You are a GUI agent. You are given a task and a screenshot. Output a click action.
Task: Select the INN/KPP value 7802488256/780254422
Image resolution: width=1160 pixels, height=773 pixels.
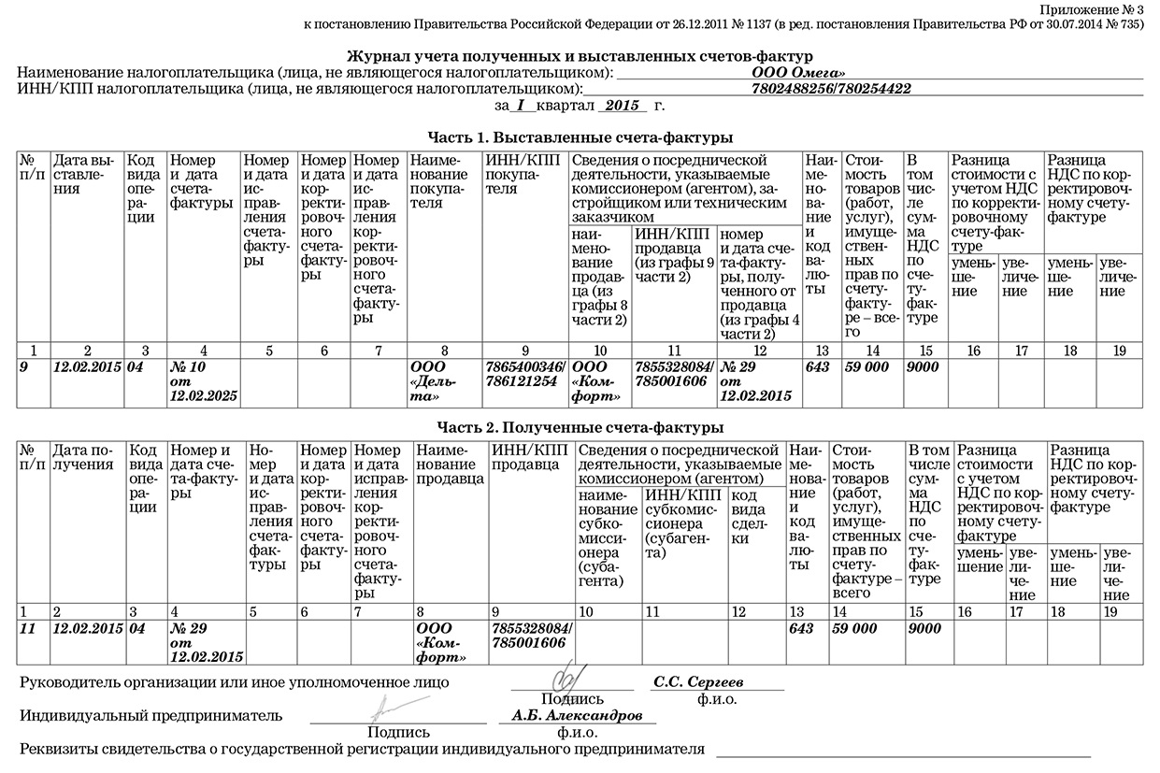pyautogui.click(x=831, y=89)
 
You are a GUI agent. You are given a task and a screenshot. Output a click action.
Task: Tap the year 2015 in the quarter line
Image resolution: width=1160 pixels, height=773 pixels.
pyautogui.click(x=621, y=106)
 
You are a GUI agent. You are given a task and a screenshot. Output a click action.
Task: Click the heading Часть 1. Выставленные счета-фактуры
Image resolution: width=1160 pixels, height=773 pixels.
pyautogui.click(x=580, y=137)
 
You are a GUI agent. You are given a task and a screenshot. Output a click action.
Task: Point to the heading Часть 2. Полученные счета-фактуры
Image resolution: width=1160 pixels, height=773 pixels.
pyautogui.click(x=580, y=427)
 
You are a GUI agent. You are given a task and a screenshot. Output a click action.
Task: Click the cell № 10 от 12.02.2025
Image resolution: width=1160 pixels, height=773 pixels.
pyautogui.click(x=203, y=381)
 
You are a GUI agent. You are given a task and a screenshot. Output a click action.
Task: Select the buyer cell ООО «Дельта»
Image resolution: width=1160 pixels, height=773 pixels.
pyautogui.click(x=444, y=381)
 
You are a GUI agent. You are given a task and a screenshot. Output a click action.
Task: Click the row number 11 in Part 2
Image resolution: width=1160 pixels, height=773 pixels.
pyautogui.click(x=27, y=628)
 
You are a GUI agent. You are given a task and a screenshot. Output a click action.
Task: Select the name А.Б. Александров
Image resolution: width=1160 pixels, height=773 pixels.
pyautogui.click(x=577, y=715)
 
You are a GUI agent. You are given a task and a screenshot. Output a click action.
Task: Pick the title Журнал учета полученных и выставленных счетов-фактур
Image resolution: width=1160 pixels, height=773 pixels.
pyautogui.click(x=580, y=56)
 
